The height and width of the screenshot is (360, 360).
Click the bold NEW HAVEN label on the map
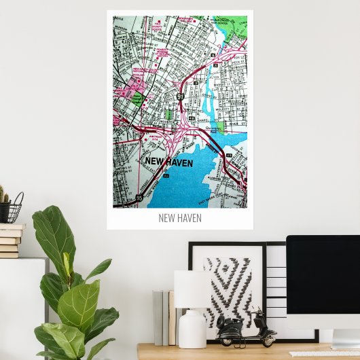coord(169,162)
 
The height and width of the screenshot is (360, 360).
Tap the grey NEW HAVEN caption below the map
coord(180,218)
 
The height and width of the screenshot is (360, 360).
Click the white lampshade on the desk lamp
coord(192,289)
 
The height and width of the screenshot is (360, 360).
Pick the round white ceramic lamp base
coord(192,329)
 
